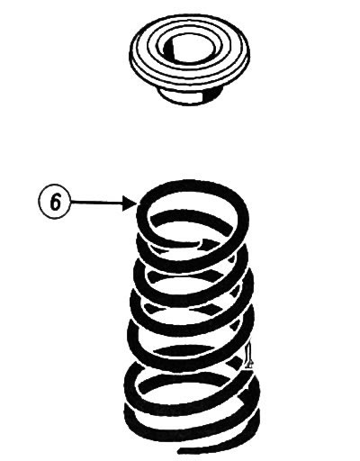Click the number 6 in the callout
(55, 202)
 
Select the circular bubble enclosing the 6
(55, 202)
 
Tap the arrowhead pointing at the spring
(130, 203)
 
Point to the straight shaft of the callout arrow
(97, 203)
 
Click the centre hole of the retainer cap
(190, 50)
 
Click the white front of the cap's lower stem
(180, 95)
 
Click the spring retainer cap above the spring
(189, 59)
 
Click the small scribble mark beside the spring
(248, 356)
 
